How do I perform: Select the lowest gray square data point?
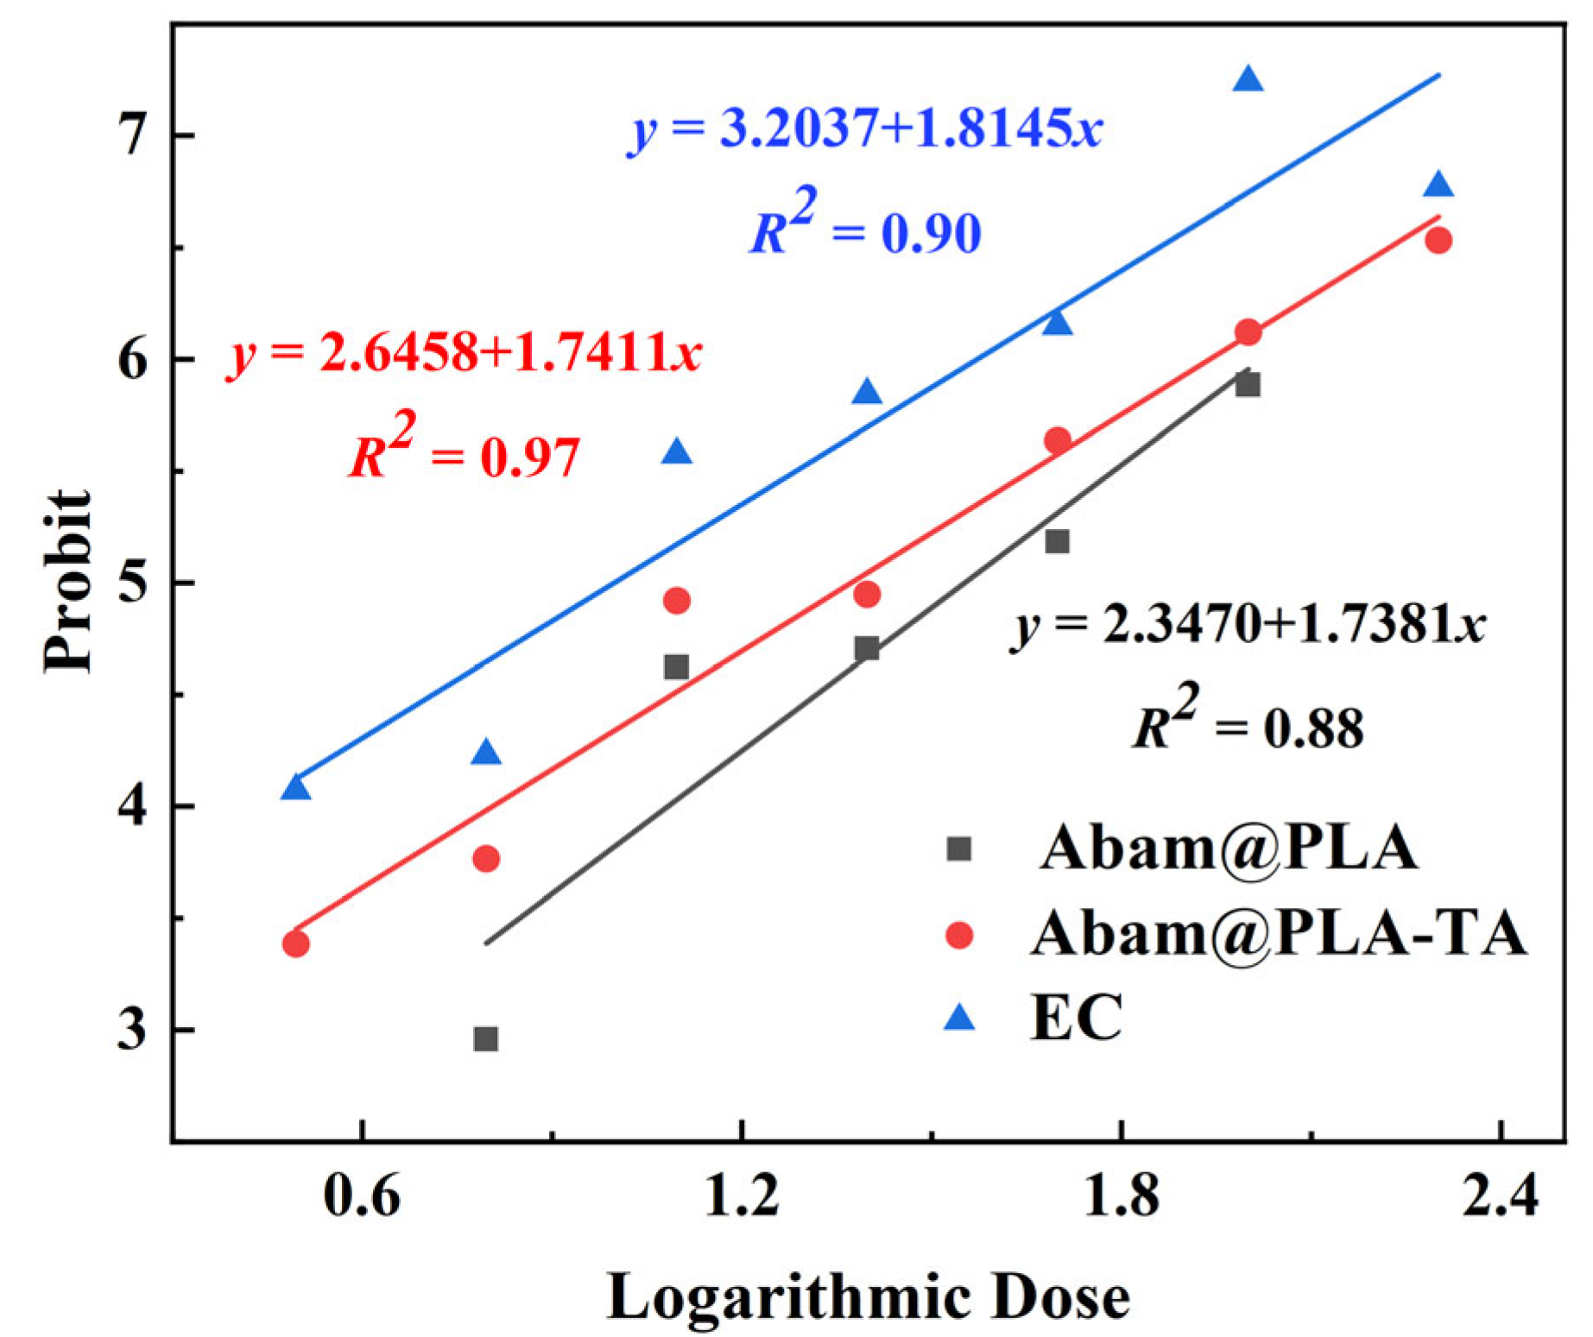485,1038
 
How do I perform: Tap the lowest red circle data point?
295,943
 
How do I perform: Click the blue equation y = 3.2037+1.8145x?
867,131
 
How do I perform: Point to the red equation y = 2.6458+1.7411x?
465,353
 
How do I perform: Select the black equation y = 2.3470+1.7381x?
1248,625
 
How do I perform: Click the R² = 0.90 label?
865,226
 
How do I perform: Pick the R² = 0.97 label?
465,451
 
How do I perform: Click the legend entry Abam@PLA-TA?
1278,934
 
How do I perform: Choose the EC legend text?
1076,1019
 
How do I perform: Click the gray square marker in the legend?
958,849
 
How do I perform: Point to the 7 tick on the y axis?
131,136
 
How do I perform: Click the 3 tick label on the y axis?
131,1031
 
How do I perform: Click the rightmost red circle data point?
1438,241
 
